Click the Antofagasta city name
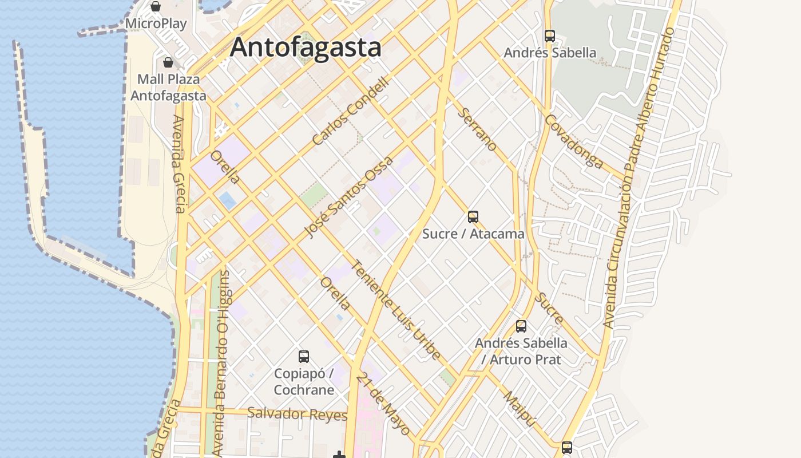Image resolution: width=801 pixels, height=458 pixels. click(306, 47)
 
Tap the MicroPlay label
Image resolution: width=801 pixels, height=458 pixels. click(156, 23)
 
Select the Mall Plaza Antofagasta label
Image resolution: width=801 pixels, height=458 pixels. click(168, 87)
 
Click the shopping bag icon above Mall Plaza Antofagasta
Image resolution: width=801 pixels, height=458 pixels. click(168, 62)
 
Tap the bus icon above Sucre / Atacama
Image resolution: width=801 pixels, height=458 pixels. click(473, 217)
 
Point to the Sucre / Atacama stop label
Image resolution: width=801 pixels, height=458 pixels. click(473, 234)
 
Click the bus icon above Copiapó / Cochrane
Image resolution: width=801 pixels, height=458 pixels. click(304, 357)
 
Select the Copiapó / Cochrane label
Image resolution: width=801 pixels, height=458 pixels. click(304, 382)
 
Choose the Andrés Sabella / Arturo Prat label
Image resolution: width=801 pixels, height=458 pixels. click(521, 351)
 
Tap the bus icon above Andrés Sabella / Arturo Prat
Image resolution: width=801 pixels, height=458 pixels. click(521, 326)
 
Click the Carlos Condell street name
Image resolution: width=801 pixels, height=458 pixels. click(351, 111)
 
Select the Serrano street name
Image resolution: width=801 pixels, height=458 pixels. click(478, 129)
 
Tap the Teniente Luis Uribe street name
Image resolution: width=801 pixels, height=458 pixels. click(396, 310)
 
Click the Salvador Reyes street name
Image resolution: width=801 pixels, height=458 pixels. click(297, 414)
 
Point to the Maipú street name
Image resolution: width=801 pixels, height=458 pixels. click(520, 409)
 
